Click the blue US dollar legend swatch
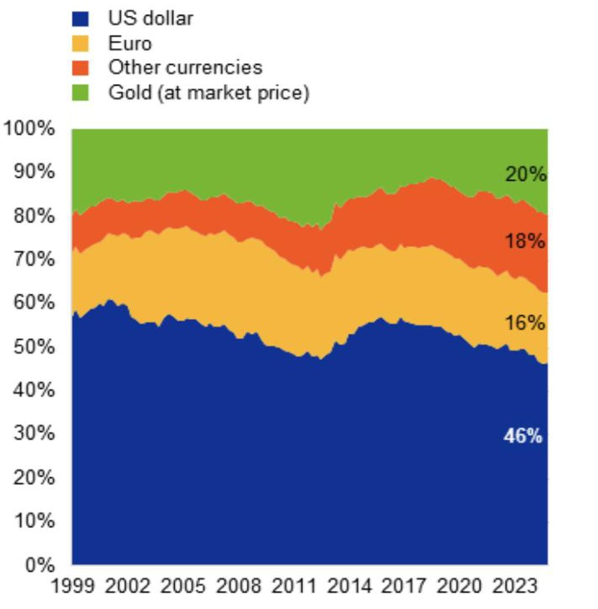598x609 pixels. (x=82, y=17)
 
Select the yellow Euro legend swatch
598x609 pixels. (x=82, y=42)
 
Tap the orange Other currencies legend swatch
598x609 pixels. (x=82, y=67)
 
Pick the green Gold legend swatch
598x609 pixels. (x=82, y=92)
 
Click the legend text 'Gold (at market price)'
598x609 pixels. (x=209, y=92)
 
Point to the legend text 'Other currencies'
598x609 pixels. (x=185, y=67)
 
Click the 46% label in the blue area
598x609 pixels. (x=523, y=435)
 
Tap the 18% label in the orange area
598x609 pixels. (x=525, y=242)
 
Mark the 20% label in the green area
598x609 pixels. (x=525, y=175)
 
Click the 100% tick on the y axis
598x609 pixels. (x=29, y=129)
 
